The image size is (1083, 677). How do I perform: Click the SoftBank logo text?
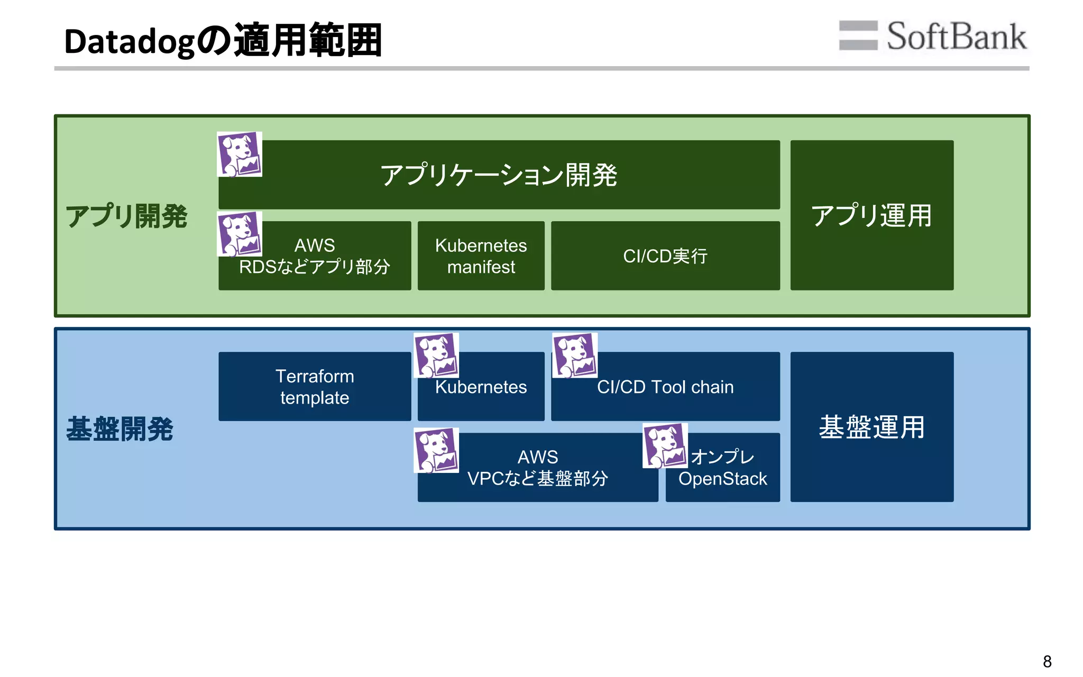(956, 36)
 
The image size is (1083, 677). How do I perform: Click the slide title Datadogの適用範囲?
(223, 41)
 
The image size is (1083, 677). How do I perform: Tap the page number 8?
(1047, 661)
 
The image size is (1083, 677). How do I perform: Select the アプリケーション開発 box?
(499, 175)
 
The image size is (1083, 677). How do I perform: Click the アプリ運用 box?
(871, 215)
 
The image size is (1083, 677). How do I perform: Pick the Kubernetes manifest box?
(481, 256)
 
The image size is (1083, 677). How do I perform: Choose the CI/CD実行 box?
(665, 256)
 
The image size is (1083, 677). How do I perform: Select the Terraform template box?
(315, 387)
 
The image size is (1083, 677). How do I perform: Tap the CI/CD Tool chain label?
(665, 387)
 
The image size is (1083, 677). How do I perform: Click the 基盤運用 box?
(871, 427)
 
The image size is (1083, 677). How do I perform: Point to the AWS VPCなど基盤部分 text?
(537, 468)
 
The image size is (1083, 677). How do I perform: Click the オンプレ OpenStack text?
(723, 468)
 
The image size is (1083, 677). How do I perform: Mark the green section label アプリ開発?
(126, 216)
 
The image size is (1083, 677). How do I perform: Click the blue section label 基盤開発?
(120, 428)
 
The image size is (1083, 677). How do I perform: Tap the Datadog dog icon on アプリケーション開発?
(240, 154)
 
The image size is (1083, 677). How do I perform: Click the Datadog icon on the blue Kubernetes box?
(436, 355)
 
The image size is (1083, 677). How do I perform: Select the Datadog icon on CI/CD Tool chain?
(574, 355)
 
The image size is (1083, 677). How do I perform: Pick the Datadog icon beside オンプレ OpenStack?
(665, 445)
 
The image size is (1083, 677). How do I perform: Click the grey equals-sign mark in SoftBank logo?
(858, 35)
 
